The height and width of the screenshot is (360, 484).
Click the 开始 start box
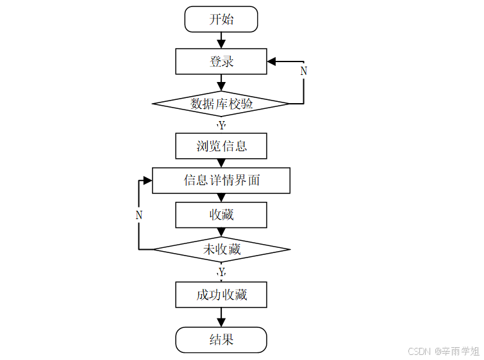[x=221, y=19]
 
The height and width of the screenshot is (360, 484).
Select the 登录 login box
[x=221, y=61]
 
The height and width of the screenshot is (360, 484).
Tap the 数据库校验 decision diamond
[x=221, y=103]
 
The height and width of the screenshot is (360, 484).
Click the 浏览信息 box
[x=221, y=145]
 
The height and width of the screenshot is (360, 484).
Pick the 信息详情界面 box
[x=221, y=180]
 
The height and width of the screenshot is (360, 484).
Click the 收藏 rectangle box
[x=221, y=215]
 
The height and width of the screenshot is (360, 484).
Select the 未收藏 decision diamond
[x=221, y=249]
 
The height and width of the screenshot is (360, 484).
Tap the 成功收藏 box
[x=221, y=295]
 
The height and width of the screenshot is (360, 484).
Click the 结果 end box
[x=221, y=340]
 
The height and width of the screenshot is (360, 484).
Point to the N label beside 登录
[x=304, y=71]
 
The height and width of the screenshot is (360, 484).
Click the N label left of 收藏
[x=139, y=216]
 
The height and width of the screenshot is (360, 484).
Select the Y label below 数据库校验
[x=222, y=126]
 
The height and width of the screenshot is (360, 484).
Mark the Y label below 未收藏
[x=222, y=272]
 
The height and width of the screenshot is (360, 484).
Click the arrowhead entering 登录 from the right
[x=272, y=61]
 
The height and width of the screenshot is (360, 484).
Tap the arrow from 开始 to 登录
[x=221, y=40]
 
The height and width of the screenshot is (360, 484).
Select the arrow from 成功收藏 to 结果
[x=221, y=318]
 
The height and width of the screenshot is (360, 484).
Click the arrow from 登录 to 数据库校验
[x=221, y=83]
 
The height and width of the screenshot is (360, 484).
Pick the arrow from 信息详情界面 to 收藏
[x=221, y=197]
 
